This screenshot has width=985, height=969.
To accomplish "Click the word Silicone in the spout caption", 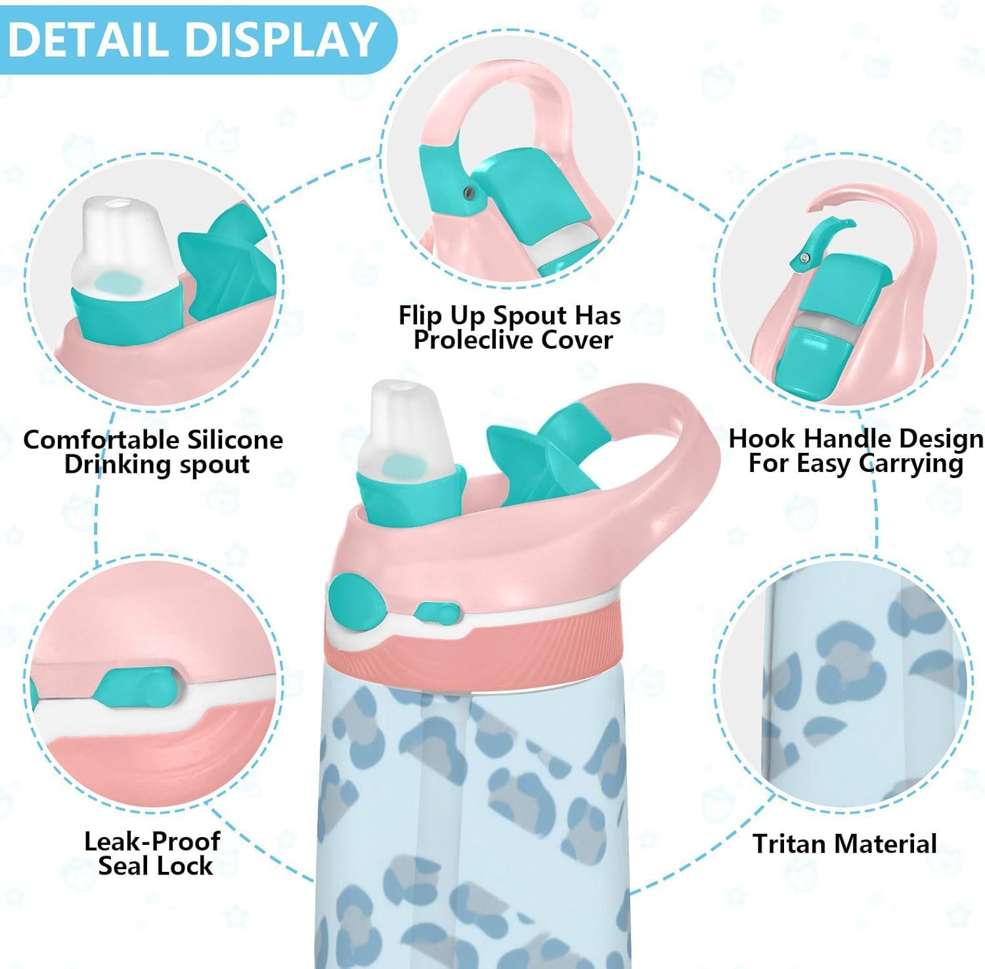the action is (x=234, y=439).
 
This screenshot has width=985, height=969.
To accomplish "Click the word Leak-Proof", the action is (x=152, y=841).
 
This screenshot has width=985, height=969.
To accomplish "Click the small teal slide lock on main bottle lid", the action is (x=437, y=613).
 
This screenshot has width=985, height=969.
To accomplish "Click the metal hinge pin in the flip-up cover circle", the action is (x=468, y=192).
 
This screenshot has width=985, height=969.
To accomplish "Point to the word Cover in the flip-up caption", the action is (x=578, y=339).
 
